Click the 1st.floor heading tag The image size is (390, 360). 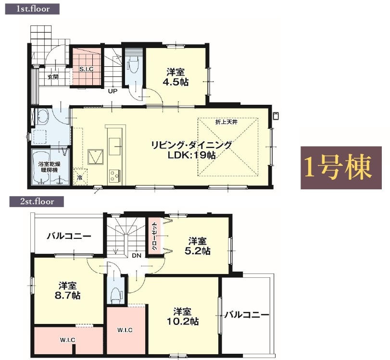tap(32, 9)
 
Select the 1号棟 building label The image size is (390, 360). tap(341, 168)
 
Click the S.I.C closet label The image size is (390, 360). tap(86, 69)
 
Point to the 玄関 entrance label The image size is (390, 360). tap(53, 77)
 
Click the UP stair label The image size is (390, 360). tap(113, 91)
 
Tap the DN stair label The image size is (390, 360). tap(137, 255)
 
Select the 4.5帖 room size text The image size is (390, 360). tap(176, 82)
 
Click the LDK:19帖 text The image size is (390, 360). tap(191, 155)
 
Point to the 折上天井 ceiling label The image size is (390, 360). tap(226, 122)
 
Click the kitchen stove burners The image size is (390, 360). tap(114, 176)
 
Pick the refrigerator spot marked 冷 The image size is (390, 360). tap(80, 177)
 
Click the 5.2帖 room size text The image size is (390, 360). tap(198, 251)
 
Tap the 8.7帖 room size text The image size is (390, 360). tap(67, 296)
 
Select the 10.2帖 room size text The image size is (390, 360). tap(183, 322)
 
